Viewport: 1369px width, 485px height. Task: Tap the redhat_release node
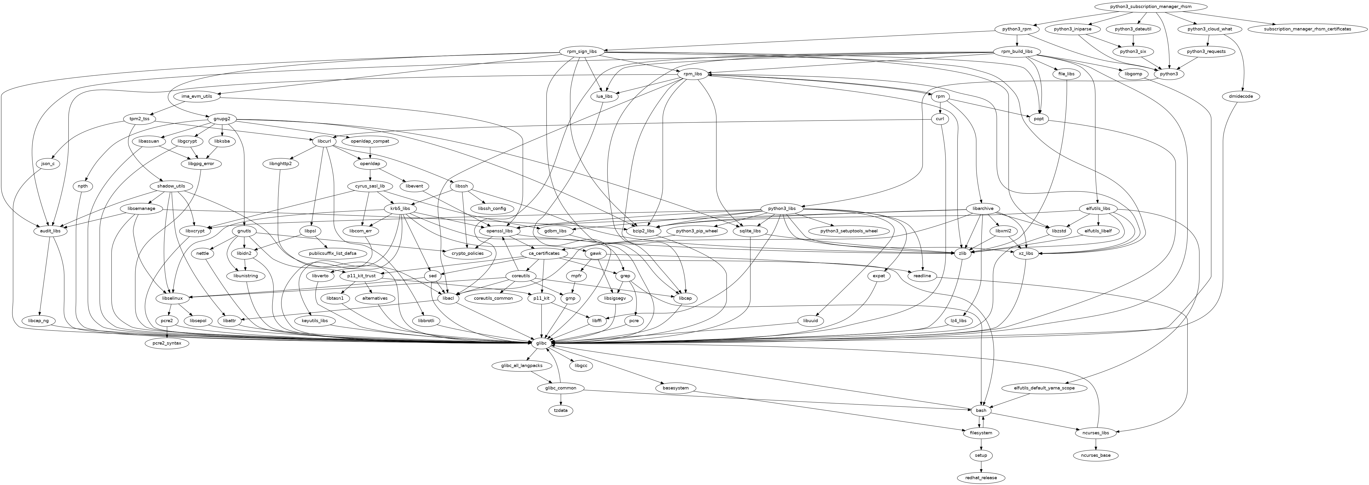(981, 478)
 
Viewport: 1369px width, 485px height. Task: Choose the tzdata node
(561, 410)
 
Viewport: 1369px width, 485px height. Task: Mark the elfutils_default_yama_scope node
(1044, 388)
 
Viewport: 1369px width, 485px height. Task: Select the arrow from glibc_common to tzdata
(561, 400)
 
